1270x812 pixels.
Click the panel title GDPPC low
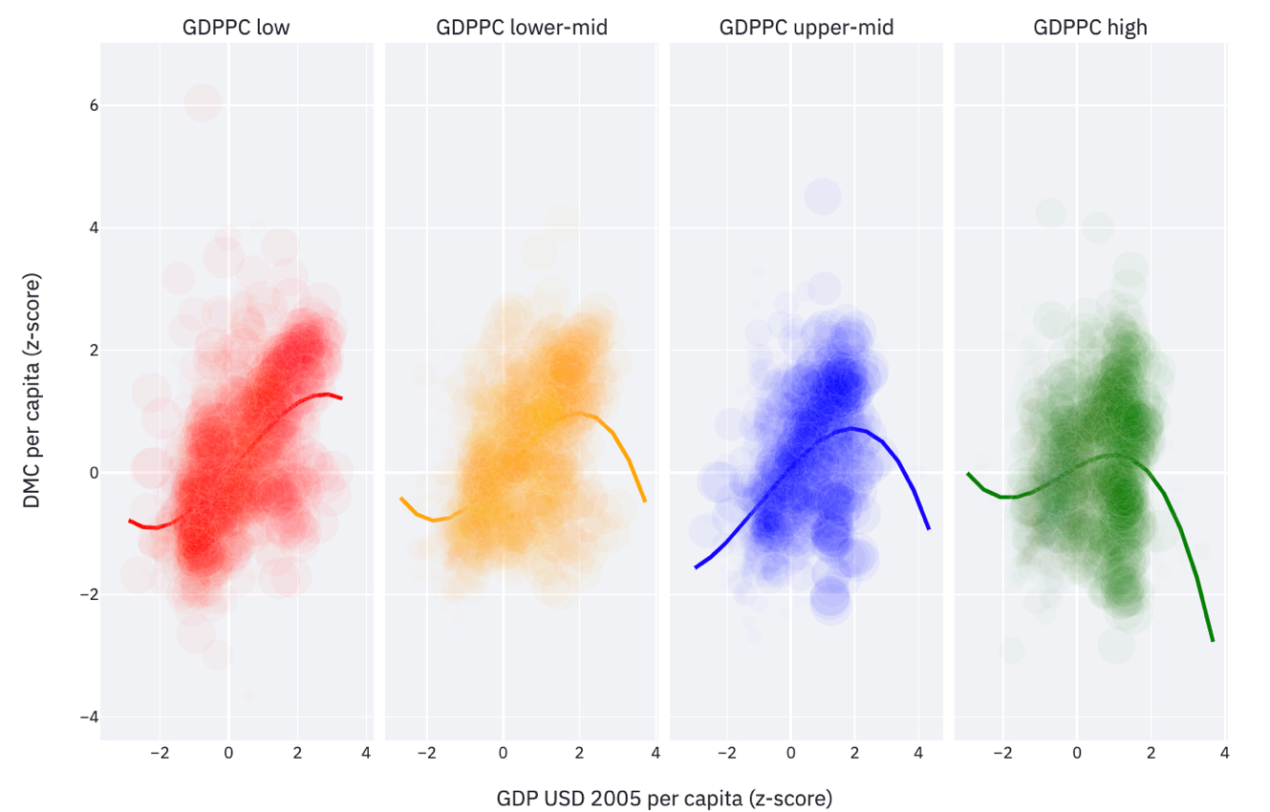coord(236,28)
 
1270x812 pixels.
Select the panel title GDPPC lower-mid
coord(522,28)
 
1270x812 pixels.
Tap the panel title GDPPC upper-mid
coord(807,28)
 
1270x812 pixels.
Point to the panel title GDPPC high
coord(1090,28)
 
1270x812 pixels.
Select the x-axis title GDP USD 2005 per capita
coord(664,798)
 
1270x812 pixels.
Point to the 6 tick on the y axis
coord(82,105)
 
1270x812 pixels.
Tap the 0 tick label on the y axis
coord(82,473)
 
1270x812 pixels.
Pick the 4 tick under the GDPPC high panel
coord(1224,753)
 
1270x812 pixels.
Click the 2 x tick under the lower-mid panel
coord(579,753)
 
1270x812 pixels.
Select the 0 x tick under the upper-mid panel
coord(790,753)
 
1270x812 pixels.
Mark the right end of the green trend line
coord(1213,641)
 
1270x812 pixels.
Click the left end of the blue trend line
coord(695,567)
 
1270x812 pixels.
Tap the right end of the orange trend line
coord(645,501)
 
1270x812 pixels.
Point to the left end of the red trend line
coord(129,521)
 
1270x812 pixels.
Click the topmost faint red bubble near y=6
coord(203,101)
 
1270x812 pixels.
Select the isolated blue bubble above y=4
coord(822,197)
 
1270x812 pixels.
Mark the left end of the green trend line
coord(968,473)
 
